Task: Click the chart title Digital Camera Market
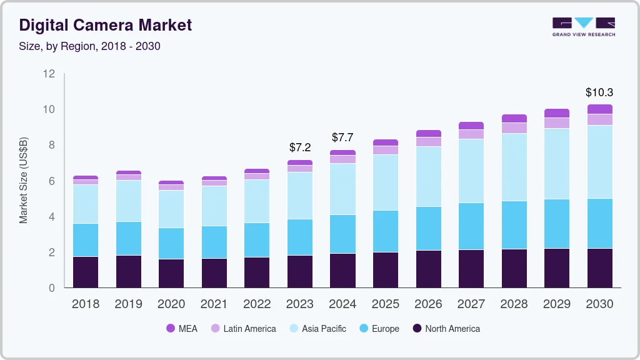point(106,25)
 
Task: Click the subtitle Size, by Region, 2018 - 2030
point(90,46)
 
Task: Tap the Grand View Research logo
point(583,26)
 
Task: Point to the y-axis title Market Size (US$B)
point(24,181)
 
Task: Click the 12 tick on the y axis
point(49,74)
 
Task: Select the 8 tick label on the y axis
point(52,145)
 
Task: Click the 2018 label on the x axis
point(85,304)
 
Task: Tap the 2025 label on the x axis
point(385,304)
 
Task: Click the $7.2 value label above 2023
point(300,147)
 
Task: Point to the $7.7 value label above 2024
point(342,137)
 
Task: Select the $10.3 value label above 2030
point(599,92)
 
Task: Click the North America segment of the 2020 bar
point(171,273)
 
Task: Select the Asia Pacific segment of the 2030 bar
point(599,162)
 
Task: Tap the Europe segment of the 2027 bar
point(471,226)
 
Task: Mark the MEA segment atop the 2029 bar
point(556,113)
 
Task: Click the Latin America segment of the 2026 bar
point(428,142)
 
